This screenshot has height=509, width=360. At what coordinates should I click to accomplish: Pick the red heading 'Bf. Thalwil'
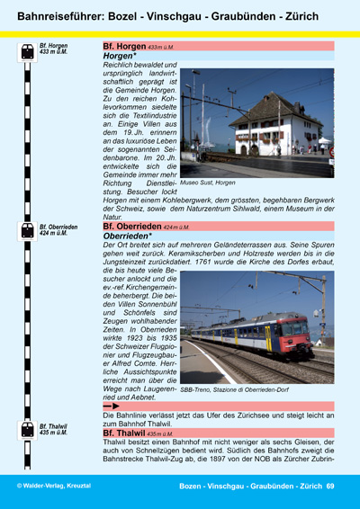click(125, 433)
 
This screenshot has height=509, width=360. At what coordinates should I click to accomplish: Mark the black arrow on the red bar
click(115, 406)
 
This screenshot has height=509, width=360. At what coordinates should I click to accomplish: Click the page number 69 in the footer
click(330, 486)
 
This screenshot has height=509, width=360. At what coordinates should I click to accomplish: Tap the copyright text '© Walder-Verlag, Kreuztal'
click(53, 486)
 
